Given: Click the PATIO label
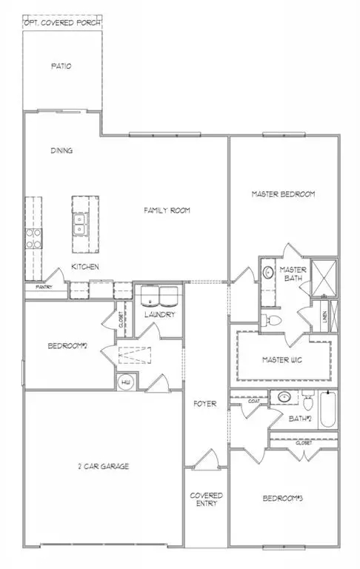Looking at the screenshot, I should click(61, 66).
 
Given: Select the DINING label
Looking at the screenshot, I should click(61, 150).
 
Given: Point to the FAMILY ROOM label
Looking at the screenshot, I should click(167, 210).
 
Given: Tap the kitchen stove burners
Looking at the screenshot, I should click(33, 238).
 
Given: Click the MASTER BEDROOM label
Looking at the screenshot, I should click(284, 194).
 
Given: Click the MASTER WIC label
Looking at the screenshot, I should click(284, 360).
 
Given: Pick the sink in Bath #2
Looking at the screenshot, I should click(282, 396).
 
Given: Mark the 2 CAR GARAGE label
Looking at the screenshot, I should click(104, 466).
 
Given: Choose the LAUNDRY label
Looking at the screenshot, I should click(159, 314).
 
